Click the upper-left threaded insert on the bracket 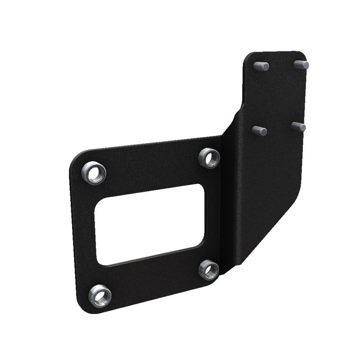(94, 173)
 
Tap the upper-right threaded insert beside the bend (209, 158)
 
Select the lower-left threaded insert (99, 296)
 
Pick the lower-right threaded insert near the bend (209, 270)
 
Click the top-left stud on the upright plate (261, 66)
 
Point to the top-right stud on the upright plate (302, 64)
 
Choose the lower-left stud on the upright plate (259, 131)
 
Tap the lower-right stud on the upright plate (298, 127)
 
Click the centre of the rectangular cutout (149, 224)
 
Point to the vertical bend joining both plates (227, 202)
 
